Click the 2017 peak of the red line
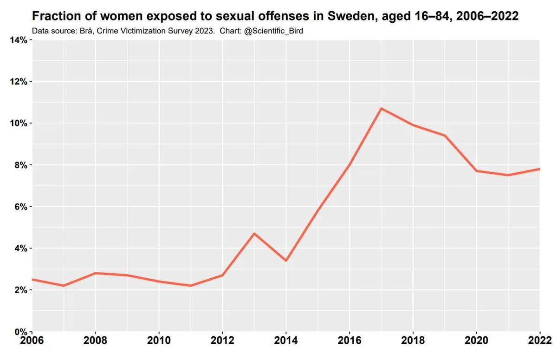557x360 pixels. (381, 108)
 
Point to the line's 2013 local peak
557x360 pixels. (254, 233)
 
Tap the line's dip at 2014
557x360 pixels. (286, 261)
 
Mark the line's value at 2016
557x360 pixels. (349, 164)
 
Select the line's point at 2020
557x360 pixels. (476, 171)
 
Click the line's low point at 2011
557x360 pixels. (191, 286)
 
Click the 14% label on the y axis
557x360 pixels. (19, 40)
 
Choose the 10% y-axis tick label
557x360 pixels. (19, 123)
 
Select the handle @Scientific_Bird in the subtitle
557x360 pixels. (276, 31)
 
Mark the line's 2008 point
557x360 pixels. (96, 273)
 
